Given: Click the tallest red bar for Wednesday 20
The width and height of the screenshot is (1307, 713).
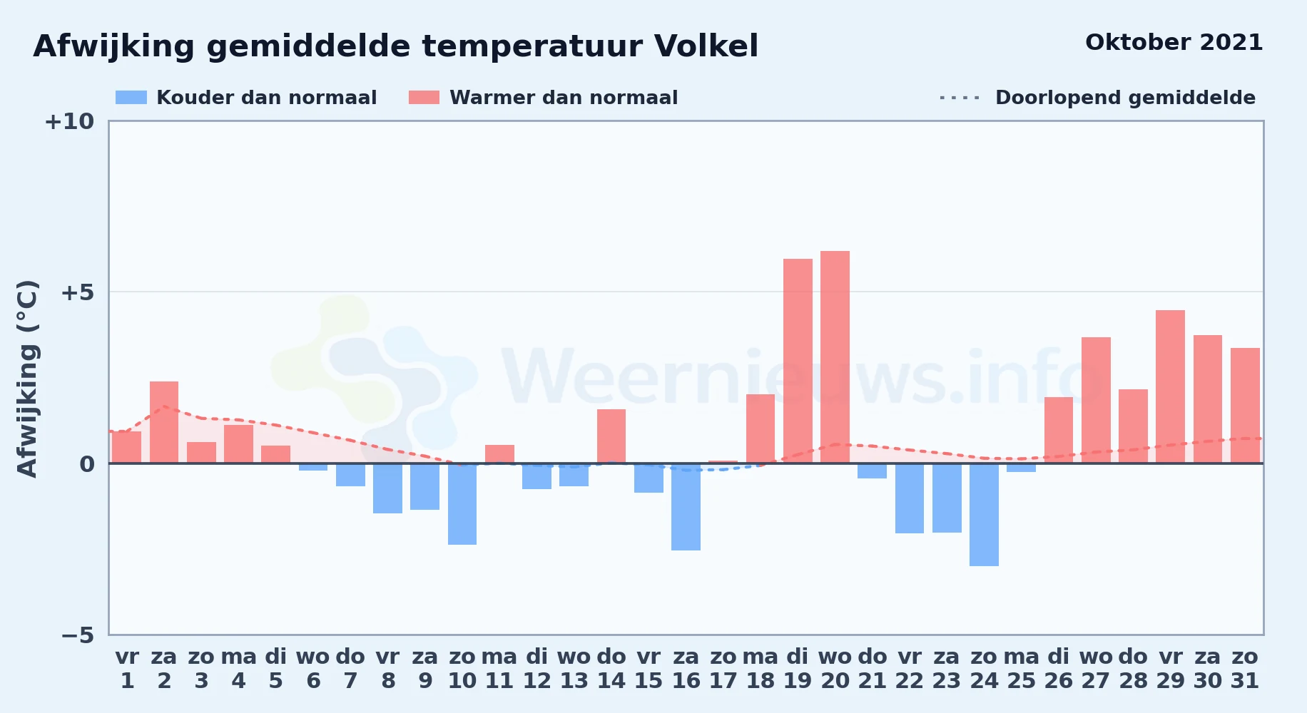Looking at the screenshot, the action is click(x=835, y=356).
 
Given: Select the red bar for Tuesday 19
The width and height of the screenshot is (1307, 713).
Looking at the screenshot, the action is click(x=798, y=361).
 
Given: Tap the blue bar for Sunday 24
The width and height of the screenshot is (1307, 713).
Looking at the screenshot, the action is click(x=984, y=515).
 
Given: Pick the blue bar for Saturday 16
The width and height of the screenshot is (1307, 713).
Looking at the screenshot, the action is click(x=686, y=507).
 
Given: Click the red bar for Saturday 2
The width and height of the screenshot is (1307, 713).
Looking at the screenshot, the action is click(x=164, y=422).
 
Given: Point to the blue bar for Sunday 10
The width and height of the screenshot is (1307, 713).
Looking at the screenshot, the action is click(x=462, y=504).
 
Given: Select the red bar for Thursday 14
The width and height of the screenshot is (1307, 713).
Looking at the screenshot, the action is click(x=611, y=436).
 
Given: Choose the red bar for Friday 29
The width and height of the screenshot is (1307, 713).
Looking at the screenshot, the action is click(x=1170, y=386).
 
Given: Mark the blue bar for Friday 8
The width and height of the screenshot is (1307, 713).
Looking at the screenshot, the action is click(x=387, y=488).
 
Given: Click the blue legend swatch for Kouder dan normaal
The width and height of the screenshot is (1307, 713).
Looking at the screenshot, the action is click(x=131, y=98).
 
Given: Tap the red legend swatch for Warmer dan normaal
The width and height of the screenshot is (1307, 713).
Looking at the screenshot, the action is click(x=424, y=98).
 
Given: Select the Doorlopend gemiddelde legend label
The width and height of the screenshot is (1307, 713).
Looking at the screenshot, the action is click(x=1125, y=98).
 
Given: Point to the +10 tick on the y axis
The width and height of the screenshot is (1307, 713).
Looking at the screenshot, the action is click(x=69, y=121).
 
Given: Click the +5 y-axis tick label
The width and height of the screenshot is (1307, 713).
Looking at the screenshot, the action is click(x=77, y=292).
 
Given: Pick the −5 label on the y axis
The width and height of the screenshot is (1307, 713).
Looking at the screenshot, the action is click(x=78, y=635).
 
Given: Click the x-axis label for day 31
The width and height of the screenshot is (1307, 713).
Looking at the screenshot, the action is click(x=1245, y=669).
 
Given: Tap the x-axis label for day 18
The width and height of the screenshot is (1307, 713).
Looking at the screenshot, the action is click(x=761, y=669).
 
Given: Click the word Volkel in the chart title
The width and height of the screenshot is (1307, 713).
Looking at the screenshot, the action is click(x=706, y=46).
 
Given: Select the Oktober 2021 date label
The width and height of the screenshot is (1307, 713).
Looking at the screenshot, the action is click(x=1174, y=43).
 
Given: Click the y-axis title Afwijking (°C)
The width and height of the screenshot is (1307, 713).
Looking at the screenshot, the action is click(x=27, y=379).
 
